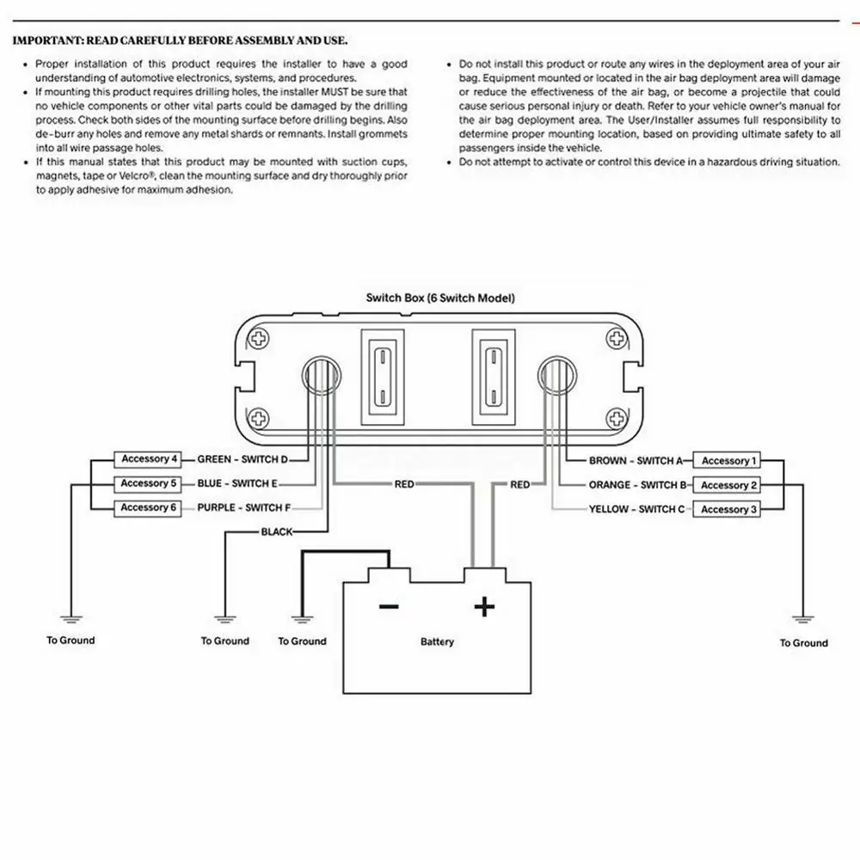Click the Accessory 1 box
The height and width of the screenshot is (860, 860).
pyautogui.click(x=729, y=461)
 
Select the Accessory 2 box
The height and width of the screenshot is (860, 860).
pyautogui.click(x=729, y=485)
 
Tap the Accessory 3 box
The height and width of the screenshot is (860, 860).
pyautogui.click(x=729, y=509)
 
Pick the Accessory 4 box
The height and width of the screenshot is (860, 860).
pyautogui.click(x=150, y=459)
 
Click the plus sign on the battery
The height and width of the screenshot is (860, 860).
pyautogui.click(x=485, y=607)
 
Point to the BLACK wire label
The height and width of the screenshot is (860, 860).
pyautogui.click(x=277, y=532)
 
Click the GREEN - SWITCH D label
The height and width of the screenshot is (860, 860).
pyautogui.click(x=243, y=459)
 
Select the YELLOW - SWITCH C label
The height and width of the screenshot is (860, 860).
pyautogui.click(x=636, y=509)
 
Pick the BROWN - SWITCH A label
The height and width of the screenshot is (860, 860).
pyautogui.click(x=636, y=461)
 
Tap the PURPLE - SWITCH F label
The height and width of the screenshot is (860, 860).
pyautogui.click(x=243, y=508)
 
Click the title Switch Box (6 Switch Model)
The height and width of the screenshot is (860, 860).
pyautogui.click(x=440, y=298)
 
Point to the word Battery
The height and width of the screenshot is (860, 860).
pyautogui.click(x=437, y=642)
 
